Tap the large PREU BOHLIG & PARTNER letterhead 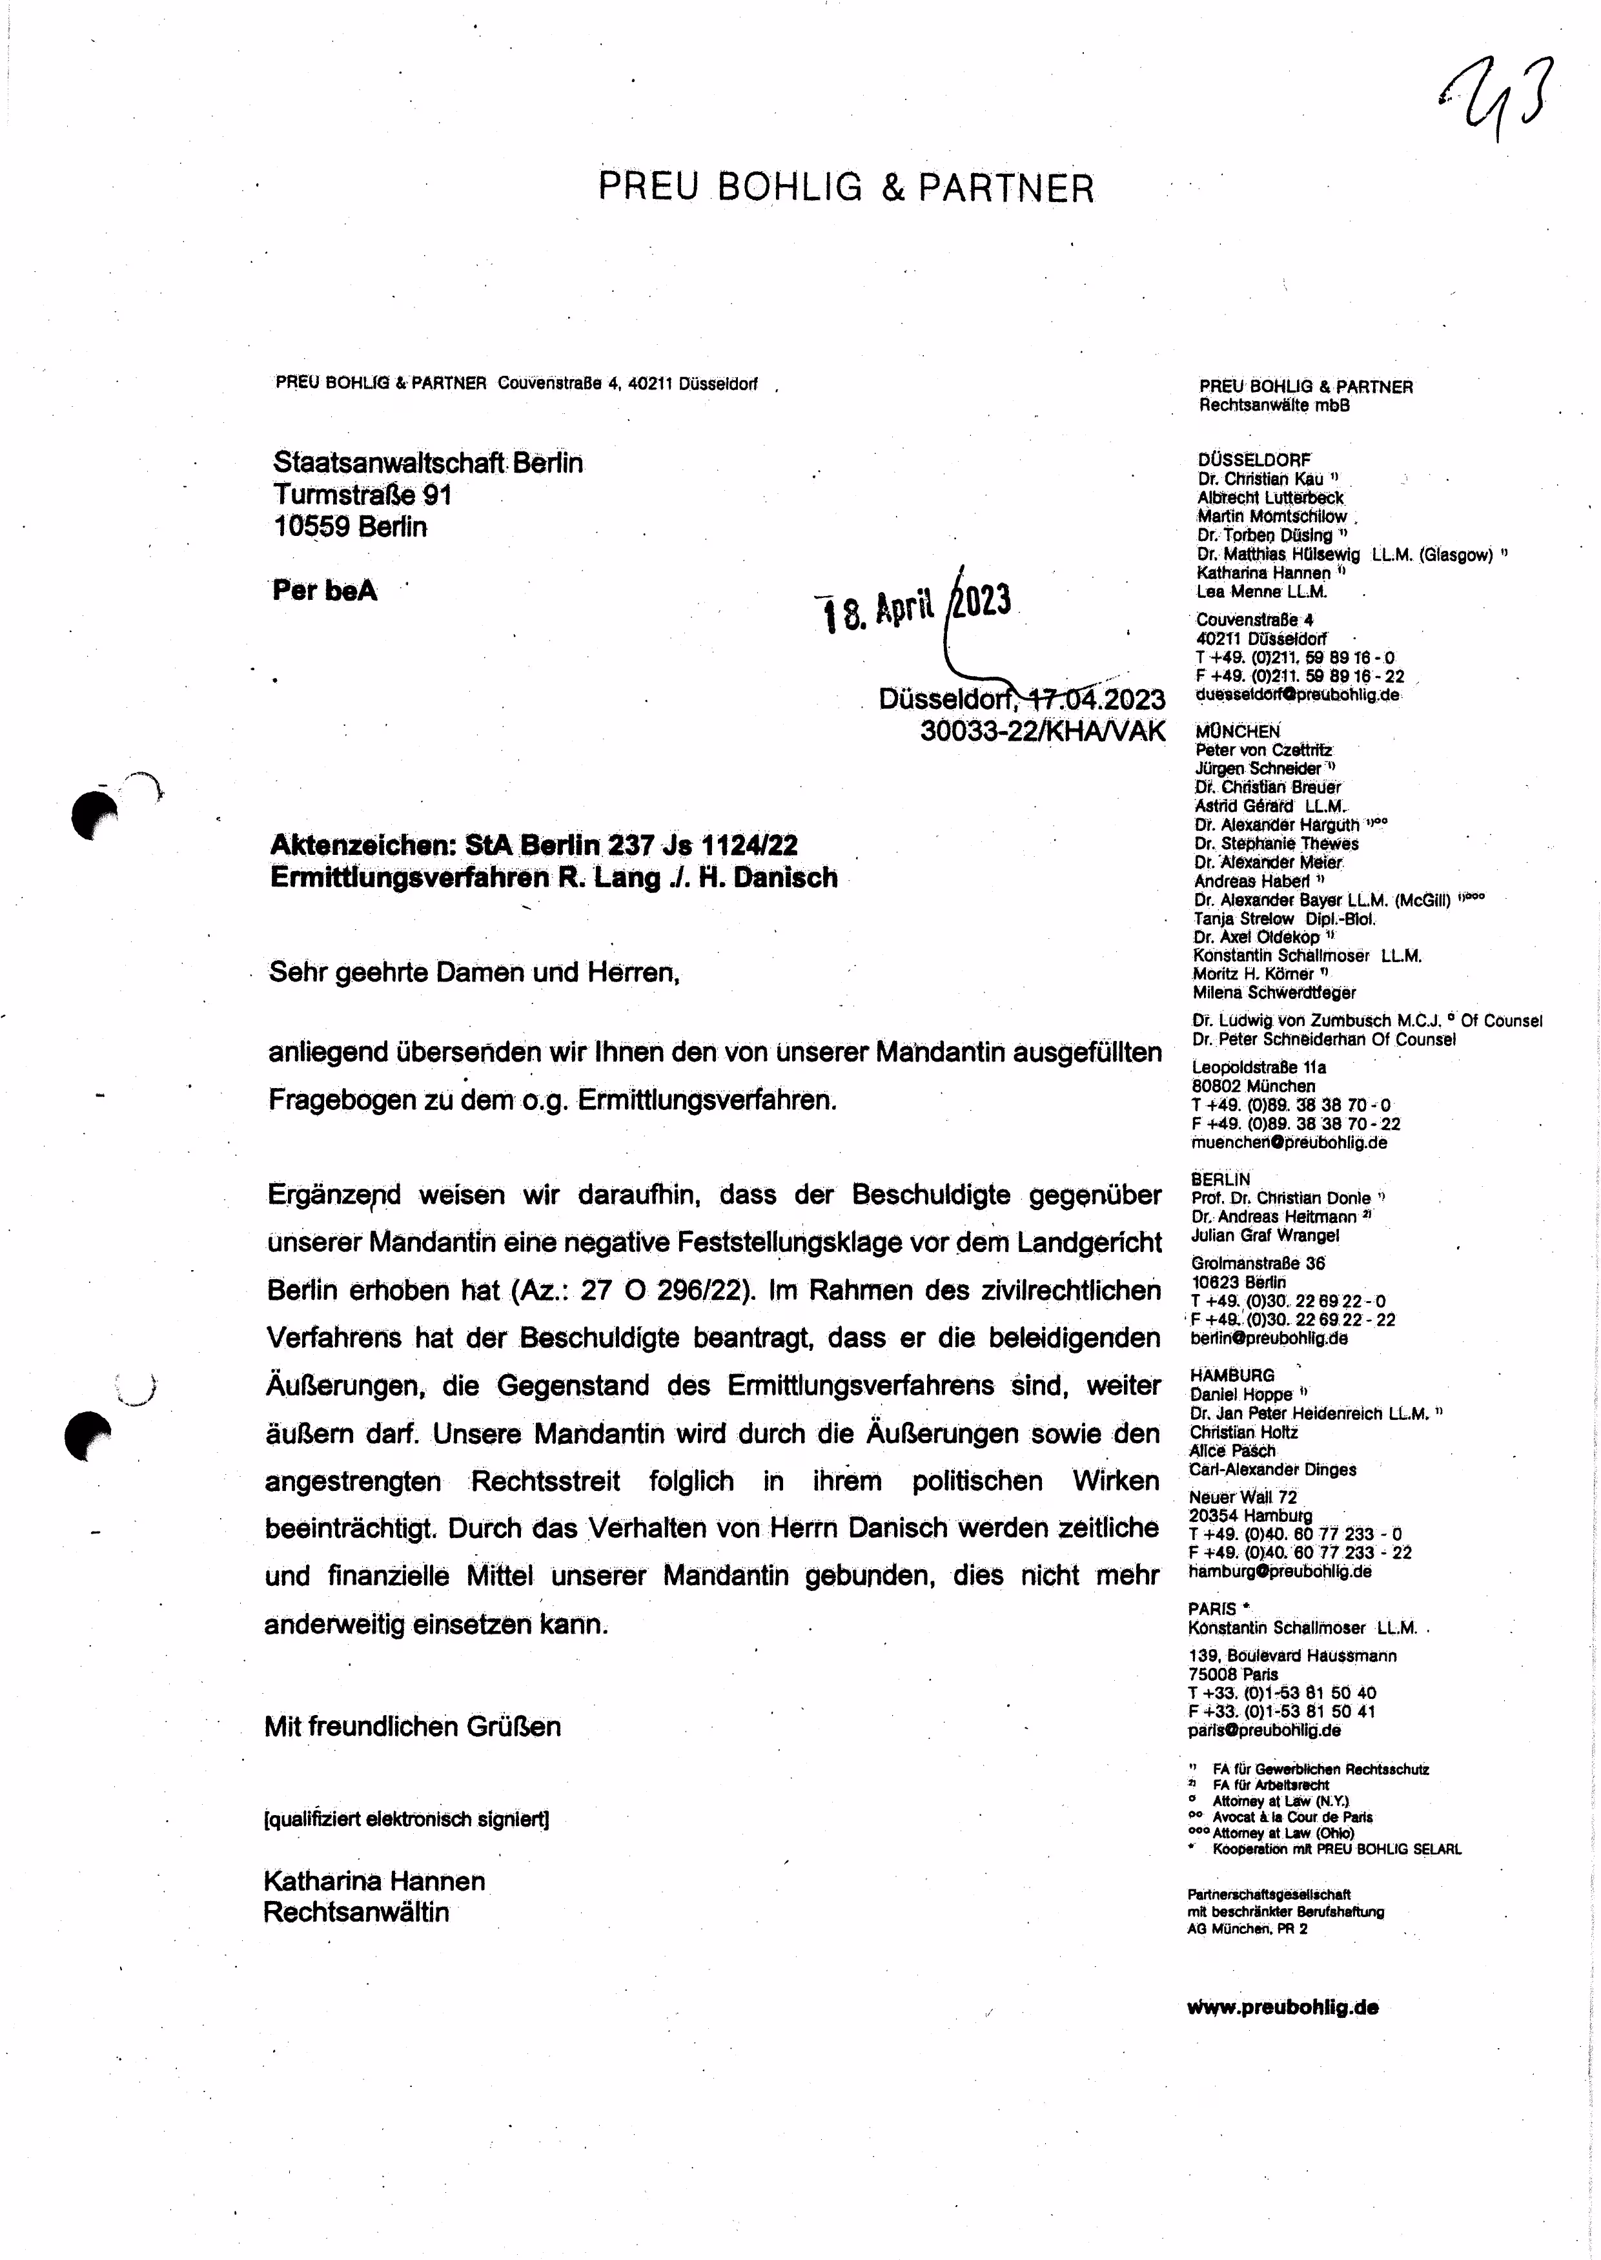tap(846, 187)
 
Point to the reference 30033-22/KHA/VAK tap(1042, 731)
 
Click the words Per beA tap(324, 591)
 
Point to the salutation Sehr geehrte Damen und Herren tap(474, 972)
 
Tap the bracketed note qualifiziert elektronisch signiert tap(406, 1819)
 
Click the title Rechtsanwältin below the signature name tap(356, 1913)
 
